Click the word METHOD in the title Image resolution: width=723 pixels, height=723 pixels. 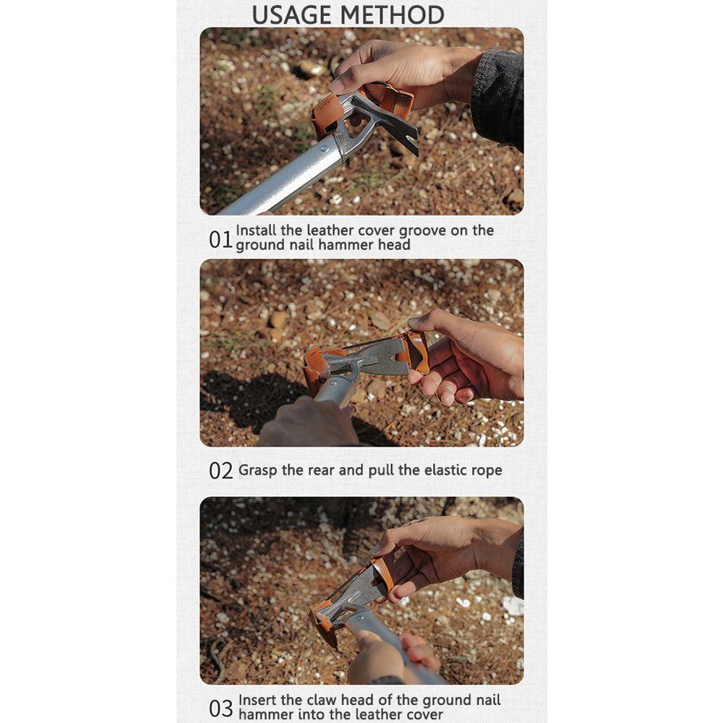pos(396,14)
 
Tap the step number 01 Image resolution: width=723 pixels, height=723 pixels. pos(221,240)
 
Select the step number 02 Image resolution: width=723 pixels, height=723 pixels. pos(221,471)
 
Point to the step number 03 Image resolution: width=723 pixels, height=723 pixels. pos(221,709)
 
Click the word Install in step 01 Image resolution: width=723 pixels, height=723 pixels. pos(256,230)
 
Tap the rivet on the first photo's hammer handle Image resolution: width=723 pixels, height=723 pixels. pos(324,149)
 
